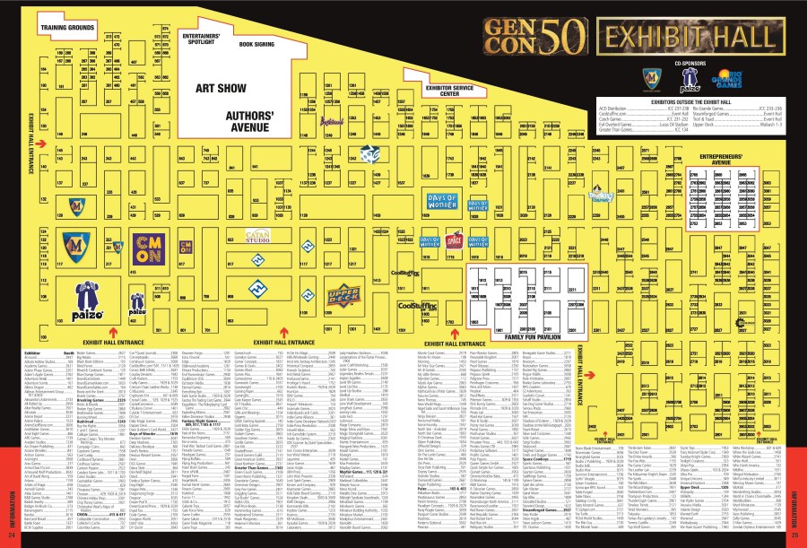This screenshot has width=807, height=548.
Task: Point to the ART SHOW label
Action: [x=220, y=89]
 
